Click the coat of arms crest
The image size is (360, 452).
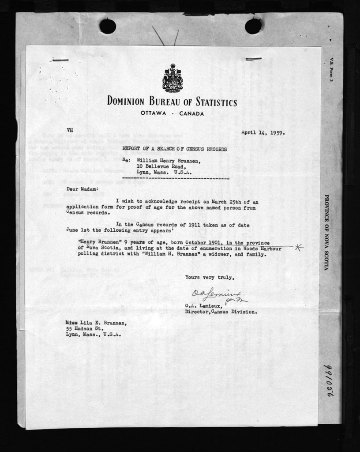click(x=172, y=78)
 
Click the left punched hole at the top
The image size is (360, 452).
click(x=107, y=26)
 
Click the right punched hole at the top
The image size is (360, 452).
click(x=253, y=26)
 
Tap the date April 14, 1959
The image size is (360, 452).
click(x=262, y=132)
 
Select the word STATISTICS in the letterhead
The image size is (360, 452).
click(x=210, y=102)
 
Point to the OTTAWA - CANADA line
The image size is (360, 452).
click(x=172, y=114)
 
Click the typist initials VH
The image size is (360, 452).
click(x=69, y=130)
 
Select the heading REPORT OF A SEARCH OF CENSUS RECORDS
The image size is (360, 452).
click(x=174, y=149)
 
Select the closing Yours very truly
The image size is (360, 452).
click(x=207, y=277)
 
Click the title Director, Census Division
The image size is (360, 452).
click(x=221, y=312)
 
